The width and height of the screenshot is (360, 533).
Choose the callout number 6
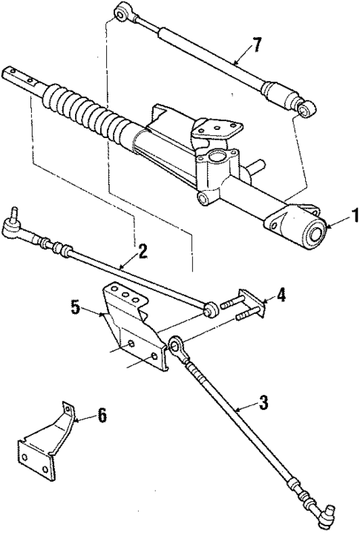[x=100, y=416]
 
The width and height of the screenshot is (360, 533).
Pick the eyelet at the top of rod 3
[x=177, y=345]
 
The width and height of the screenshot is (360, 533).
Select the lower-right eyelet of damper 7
[x=304, y=110]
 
